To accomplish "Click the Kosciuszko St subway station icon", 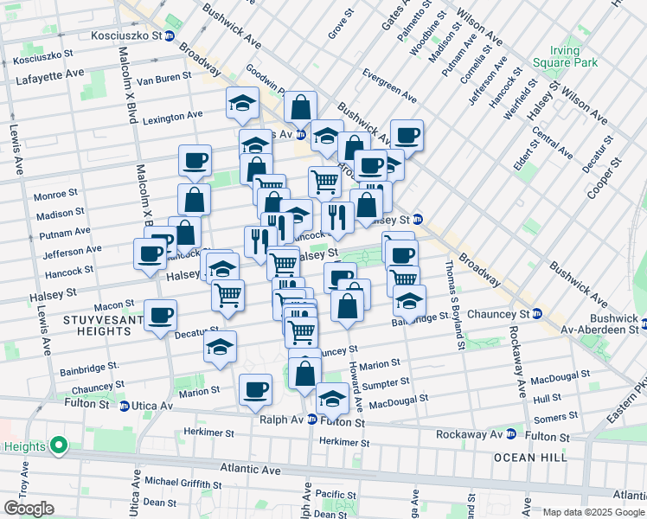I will click(x=170, y=36).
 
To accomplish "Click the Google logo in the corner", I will click(x=29, y=509).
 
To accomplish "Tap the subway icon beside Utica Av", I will click(x=125, y=406).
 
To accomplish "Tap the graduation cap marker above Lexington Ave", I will click(x=242, y=103).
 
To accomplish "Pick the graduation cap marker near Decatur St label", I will click(x=220, y=347).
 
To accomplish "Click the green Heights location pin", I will click(x=59, y=446).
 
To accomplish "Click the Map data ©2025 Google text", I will click(x=592, y=511).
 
